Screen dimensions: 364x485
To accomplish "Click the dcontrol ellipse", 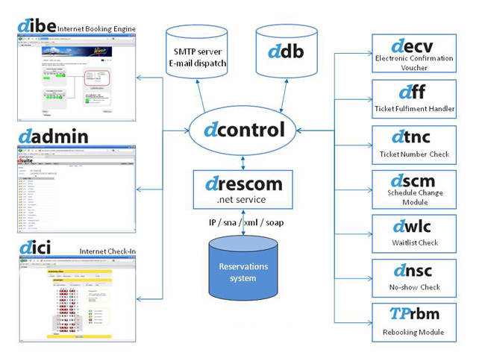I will tap(244, 130).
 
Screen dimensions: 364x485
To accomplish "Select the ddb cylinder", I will tap(287, 54).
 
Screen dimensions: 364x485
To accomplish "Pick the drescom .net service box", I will tap(244, 189).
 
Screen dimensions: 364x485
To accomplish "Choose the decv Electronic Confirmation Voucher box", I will tap(413, 53).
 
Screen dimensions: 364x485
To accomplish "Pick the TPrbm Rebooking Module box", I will tap(413, 322).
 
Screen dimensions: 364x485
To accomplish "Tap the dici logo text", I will tap(36, 247).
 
